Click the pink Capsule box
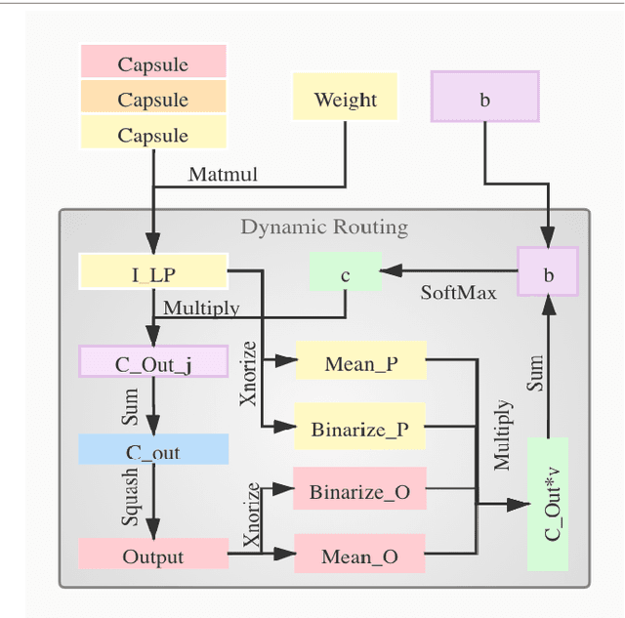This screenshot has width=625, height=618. (153, 64)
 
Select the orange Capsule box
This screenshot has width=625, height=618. (153, 99)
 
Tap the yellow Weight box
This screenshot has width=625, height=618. (345, 99)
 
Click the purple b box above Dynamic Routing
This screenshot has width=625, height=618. (484, 98)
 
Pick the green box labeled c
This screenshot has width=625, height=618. (345, 273)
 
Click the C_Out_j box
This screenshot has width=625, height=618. (153, 363)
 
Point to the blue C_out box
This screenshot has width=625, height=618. (153, 451)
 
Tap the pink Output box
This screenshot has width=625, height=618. (153, 556)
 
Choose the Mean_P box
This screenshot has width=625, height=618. (360, 363)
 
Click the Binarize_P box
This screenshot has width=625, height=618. (360, 429)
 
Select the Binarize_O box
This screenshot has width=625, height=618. (360, 491)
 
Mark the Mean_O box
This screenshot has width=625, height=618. (360, 556)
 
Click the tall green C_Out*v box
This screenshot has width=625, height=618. (547, 505)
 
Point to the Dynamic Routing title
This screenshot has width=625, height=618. (324, 227)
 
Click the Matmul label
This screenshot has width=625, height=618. (223, 175)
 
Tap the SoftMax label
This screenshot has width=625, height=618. (458, 292)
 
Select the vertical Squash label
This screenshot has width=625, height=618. (130, 497)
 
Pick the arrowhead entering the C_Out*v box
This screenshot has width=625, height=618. (518, 505)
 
